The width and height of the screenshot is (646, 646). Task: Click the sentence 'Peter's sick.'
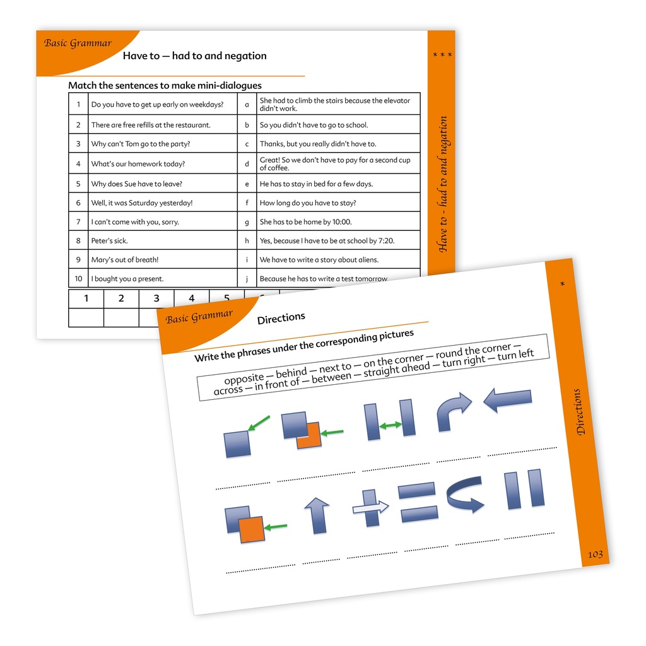pyautogui.click(x=109, y=240)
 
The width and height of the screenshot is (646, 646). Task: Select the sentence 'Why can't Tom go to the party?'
pyautogui.click(x=141, y=144)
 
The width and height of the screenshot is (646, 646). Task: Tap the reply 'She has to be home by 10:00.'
pyautogui.click(x=305, y=221)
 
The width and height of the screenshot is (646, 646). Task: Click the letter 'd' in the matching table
pyautogui.click(x=247, y=163)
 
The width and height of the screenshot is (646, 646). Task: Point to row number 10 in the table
pyautogui.click(x=78, y=278)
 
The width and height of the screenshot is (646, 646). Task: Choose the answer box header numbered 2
pyautogui.click(x=121, y=298)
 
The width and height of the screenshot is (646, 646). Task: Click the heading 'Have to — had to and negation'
pyautogui.click(x=194, y=56)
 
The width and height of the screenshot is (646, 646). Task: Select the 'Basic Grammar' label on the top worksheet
pyautogui.click(x=78, y=43)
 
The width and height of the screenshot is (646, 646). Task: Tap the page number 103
pyautogui.click(x=596, y=555)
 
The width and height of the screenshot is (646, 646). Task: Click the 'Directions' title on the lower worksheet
pyautogui.click(x=281, y=318)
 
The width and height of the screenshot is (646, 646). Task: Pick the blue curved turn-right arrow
pyautogui.click(x=453, y=412)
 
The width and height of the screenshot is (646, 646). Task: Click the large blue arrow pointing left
pyautogui.click(x=507, y=399)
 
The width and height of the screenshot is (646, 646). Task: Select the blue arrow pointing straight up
pyautogui.click(x=317, y=515)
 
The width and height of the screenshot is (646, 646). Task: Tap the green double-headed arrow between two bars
pyautogui.click(x=390, y=425)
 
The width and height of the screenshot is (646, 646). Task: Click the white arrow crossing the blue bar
pyautogui.click(x=371, y=508)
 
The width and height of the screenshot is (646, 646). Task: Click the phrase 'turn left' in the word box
pyautogui.click(x=515, y=355)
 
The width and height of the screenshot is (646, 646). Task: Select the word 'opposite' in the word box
pyautogui.click(x=244, y=379)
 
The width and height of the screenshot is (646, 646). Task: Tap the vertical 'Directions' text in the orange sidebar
pyautogui.click(x=579, y=411)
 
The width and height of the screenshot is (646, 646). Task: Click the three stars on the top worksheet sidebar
pyautogui.click(x=442, y=55)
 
